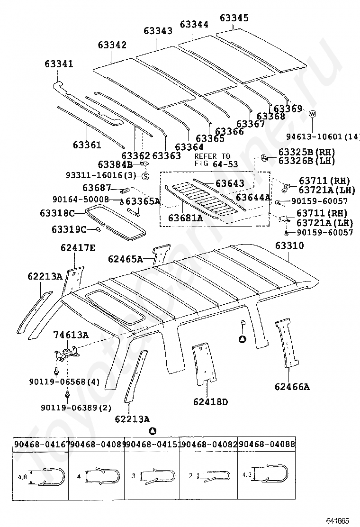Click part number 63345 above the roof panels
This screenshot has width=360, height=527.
(234, 18)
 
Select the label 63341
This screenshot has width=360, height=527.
(59, 64)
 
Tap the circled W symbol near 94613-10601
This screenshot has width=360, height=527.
(312, 114)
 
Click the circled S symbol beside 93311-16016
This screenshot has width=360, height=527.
(145, 176)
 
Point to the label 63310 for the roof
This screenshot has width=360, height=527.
(289, 246)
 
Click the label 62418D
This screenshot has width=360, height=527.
(210, 402)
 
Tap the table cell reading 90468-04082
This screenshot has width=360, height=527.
(209, 445)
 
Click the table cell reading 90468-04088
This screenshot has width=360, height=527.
(267, 445)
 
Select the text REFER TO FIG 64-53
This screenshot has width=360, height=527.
(212, 160)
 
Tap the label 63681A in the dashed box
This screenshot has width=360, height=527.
(186, 218)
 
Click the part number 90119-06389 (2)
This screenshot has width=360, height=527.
(76, 407)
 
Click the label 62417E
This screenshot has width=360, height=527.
(78, 248)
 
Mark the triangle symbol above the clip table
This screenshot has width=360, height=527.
(152, 431)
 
